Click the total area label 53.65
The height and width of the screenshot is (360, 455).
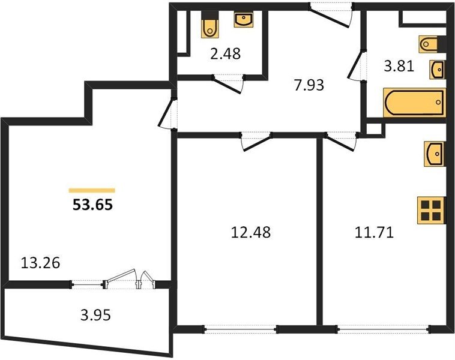(x=92, y=205)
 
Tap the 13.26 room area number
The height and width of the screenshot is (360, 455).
(x=41, y=263)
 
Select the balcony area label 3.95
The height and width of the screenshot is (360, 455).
(x=95, y=315)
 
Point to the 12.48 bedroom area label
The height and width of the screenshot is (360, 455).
(x=251, y=232)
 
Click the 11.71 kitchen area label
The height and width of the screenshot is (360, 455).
(x=375, y=232)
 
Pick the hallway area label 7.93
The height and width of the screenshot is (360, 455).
(x=309, y=86)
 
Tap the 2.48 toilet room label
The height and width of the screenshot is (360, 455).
(x=226, y=54)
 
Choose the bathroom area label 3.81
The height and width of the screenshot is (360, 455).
(x=399, y=67)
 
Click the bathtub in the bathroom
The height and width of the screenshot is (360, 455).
(x=414, y=103)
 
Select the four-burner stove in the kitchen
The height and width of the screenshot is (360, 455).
(x=431, y=211)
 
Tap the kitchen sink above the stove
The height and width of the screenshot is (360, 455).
(x=435, y=154)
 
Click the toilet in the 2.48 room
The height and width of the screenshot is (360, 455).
(x=209, y=25)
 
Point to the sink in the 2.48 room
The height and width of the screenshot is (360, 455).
(x=244, y=20)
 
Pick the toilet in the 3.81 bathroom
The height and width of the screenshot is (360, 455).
(x=432, y=44)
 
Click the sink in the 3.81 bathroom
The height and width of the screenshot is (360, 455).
(x=437, y=70)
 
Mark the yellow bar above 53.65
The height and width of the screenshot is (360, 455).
(x=92, y=190)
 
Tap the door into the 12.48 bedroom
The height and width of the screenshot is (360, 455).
(x=256, y=142)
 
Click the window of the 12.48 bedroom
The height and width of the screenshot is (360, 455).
(x=241, y=329)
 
